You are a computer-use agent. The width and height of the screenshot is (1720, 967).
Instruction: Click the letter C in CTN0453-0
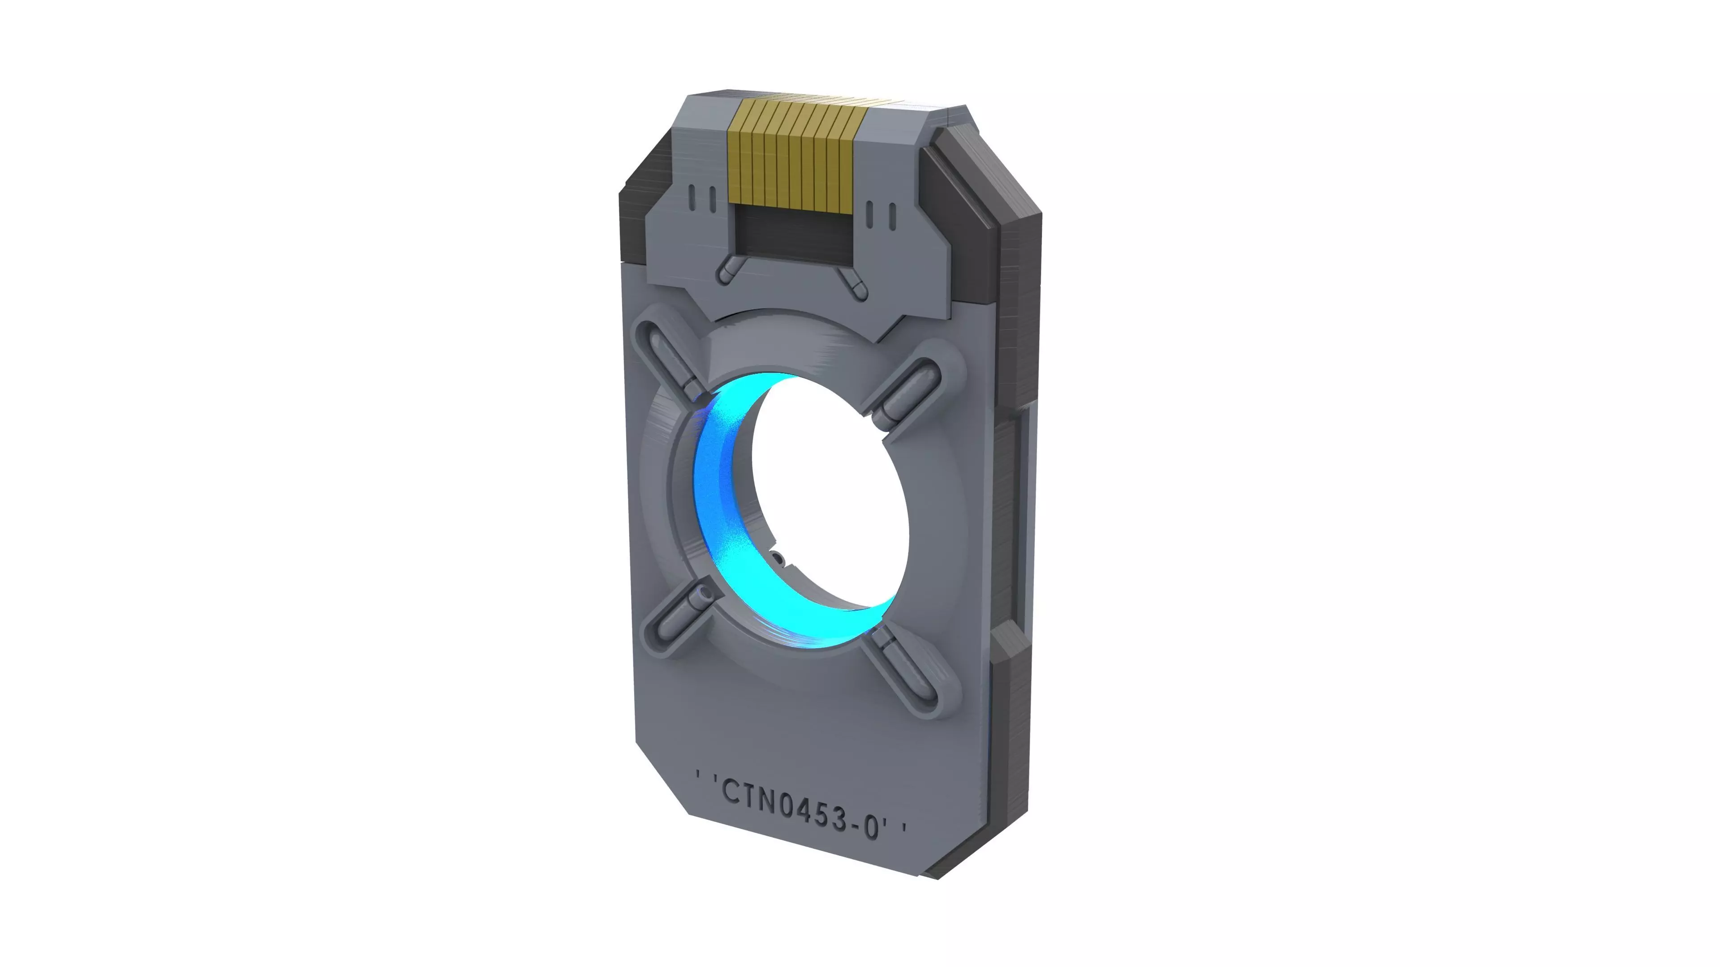pyautogui.click(x=732, y=792)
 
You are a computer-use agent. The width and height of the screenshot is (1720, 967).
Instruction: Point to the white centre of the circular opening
pyautogui.click(x=831, y=494)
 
